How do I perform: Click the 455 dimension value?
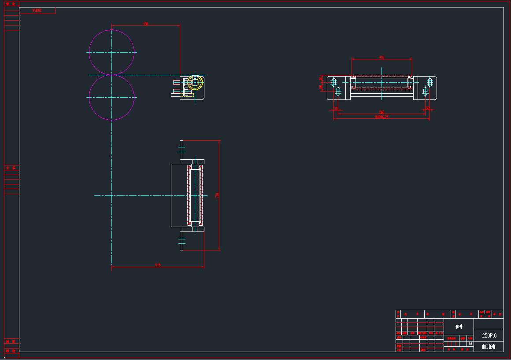click(x=146, y=23)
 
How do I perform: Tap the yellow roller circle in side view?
click(x=195, y=82)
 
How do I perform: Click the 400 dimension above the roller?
click(x=382, y=58)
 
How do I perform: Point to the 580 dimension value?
click(x=381, y=112)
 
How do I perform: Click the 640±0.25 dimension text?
click(x=381, y=117)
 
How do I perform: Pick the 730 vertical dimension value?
click(x=217, y=195)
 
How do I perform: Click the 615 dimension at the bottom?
click(x=158, y=265)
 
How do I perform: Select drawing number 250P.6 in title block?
click(x=489, y=335)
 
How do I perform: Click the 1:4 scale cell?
click(x=470, y=343)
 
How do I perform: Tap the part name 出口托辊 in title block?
click(x=489, y=347)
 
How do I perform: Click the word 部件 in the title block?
click(x=459, y=327)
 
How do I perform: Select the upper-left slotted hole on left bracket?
click(x=333, y=82)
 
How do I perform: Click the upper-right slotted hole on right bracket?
click(x=430, y=82)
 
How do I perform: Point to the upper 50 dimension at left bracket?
click(x=320, y=79)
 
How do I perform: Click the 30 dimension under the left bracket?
click(x=336, y=108)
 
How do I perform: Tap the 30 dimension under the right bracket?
click(x=428, y=108)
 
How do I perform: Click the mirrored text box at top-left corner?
click(x=37, y=11)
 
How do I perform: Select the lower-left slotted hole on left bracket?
click(x=338, y=91)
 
